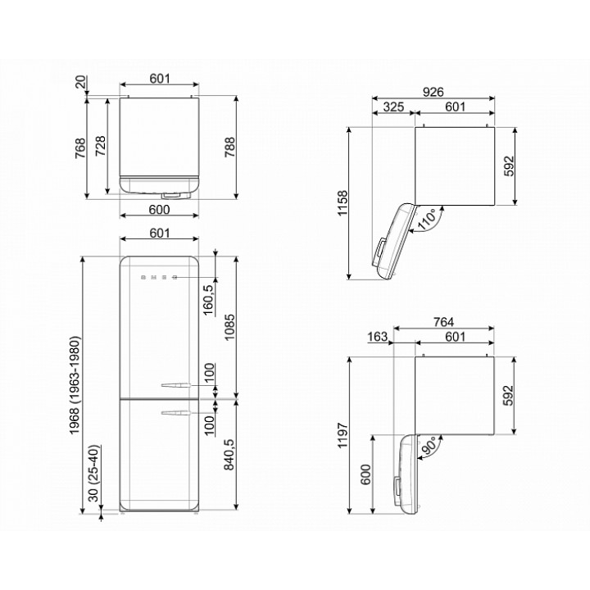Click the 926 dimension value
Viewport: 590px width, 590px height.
click(433, 92)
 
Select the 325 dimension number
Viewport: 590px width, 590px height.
click(393, 107)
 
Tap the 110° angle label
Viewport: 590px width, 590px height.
click(428, 219)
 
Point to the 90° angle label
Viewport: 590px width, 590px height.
click(429, 446)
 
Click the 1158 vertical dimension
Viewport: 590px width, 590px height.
click(343, 203)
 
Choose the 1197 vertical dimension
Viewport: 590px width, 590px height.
click(343, 435)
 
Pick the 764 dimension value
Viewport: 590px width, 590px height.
click(443, 322)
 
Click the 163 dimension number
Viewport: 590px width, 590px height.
click(377, 337)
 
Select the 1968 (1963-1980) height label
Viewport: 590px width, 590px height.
click(75, 385)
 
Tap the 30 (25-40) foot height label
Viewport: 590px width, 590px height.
click(94, 474)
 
